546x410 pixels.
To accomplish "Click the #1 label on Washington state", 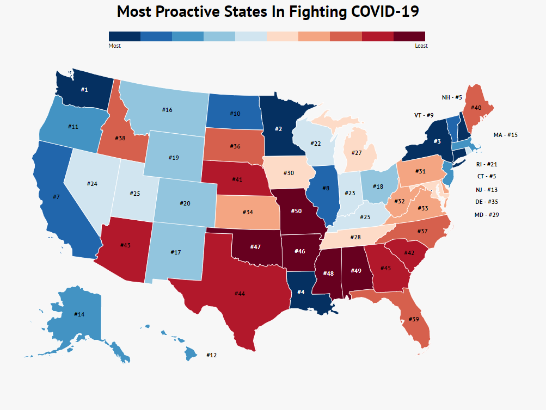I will (85, 89).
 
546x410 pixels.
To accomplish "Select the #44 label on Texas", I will (240, 294).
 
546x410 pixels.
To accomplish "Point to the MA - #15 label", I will (505, 135).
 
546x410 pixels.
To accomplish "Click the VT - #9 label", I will (424, 115).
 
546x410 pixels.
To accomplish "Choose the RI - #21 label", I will (486, 164).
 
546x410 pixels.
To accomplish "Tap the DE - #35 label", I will (486, 202).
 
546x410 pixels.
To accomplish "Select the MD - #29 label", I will (487, 215).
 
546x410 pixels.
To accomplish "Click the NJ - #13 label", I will (486, 189).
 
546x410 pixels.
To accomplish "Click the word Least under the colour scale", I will (421, 46).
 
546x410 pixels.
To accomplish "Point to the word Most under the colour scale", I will (115, 46).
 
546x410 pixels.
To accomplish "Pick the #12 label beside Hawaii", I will (211, 355).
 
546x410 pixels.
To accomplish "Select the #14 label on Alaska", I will (79, 314).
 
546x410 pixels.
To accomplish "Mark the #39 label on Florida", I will (413, 319).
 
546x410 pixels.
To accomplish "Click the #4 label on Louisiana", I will (300, 292).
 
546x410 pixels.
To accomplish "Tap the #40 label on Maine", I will (476, 108).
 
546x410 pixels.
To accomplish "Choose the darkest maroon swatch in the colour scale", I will (409, 36).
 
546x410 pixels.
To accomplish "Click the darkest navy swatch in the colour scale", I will (125, 36).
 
